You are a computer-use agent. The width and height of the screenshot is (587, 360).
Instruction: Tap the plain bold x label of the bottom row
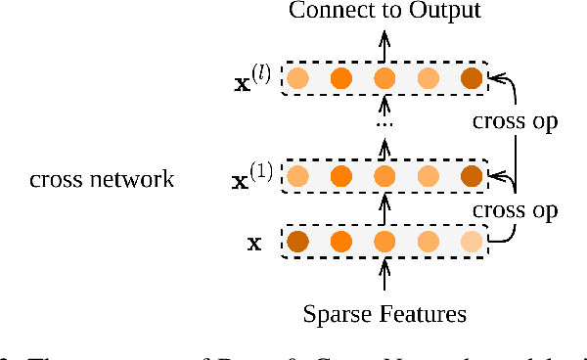pyautogui.click(x=254, y=243)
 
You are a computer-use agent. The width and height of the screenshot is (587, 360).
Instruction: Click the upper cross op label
pyautogui.click(x=515, y=122)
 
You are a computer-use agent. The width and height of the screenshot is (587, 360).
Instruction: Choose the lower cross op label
pyautogui.click(x=515, y=209)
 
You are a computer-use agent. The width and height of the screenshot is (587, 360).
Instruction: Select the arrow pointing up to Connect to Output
pyautogui.click(x=384, y=44)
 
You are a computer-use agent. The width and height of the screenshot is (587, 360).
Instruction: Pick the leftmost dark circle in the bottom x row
pyautogui.click(x=298, y=242)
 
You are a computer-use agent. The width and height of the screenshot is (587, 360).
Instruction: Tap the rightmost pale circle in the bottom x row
pyautogui.click(x=472, y=242)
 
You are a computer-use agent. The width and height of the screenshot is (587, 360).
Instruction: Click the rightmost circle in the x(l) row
pyautogui.click(x=472, y=78)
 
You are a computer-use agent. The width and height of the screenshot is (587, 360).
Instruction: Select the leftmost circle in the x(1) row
pyautogui.click(x=298, y=176)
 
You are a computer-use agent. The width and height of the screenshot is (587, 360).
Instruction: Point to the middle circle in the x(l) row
pyautogui.click(x=384, y=78)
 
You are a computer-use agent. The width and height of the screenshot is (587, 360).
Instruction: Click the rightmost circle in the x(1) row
pyautogui.click(x=472, y=176)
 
